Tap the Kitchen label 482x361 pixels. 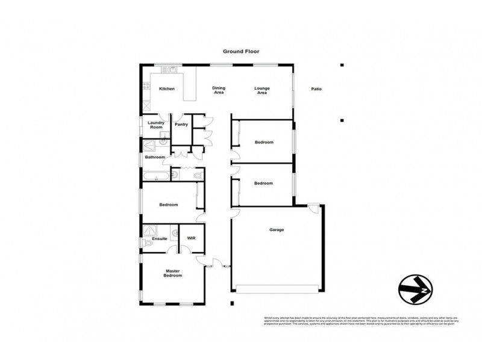[166, 89]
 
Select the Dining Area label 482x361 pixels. [219, 91]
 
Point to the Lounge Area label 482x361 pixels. [261, 91]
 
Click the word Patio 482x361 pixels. [316, 89]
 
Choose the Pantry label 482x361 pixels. [181, 125]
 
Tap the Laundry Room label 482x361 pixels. [156, 125]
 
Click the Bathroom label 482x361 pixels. [155, 157]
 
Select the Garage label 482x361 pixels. [277, 230]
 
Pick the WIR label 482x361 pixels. [192, 239]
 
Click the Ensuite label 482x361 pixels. [160, 239]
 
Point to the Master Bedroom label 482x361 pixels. [173, 274]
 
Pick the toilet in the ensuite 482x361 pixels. [146, 242]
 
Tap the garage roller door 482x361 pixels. [277, 291]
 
